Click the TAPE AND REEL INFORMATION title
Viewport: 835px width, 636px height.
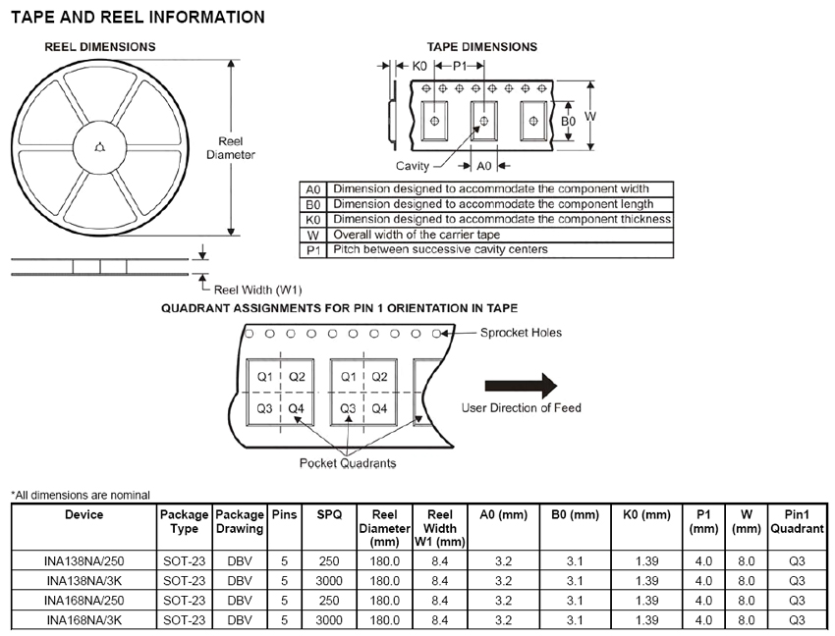pyautogui.click(x=138, y=17)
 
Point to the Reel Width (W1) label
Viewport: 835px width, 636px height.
pyautogui.click(x=256, y=289)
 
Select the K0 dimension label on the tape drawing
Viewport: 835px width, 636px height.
pyautogui.click(x=419, y=66)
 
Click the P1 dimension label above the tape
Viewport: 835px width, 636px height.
pyautogui.click(x=460, y=66)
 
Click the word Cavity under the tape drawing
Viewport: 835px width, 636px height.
pyautogui.click(x=413, y=165)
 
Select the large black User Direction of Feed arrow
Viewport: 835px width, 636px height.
pyautogui.click(x=521, y=386)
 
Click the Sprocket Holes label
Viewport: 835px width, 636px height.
pyautogui.click(x=521, y=333)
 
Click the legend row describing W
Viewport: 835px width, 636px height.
pyautogui.click(x=486, y=235)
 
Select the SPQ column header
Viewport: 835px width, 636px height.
pyautogui.click(x=329, y=514)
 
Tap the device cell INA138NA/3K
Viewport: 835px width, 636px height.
pyautogui.click(x=83, y=580)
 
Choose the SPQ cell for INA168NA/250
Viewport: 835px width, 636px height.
pyautogui.click(x=329, y=600)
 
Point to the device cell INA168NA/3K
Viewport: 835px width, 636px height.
pyautogui.click(x=83, y=619)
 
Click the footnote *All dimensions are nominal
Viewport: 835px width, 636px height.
pyautogui.click(x=81, y=495)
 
